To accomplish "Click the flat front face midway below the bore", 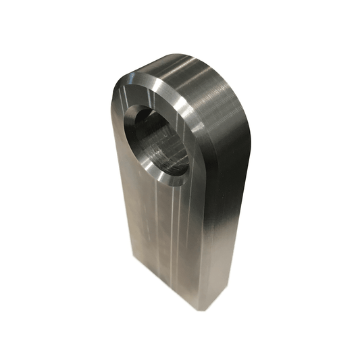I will click(x=162, y=230).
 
